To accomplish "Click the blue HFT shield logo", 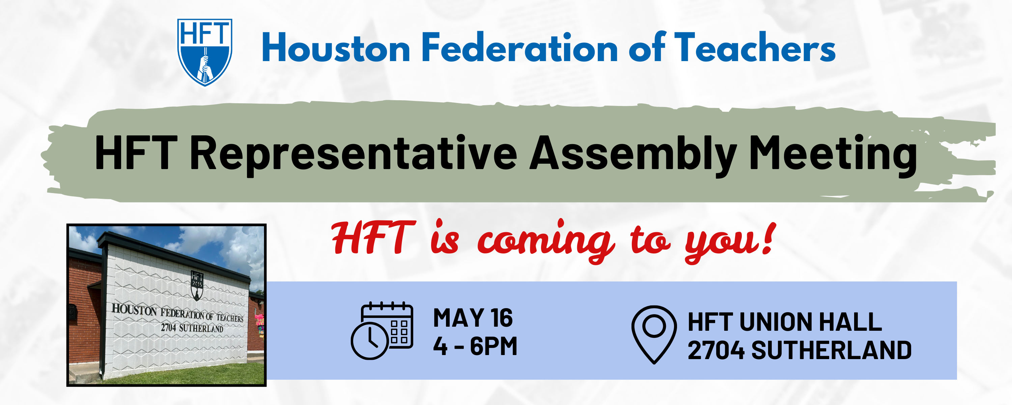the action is click(x=204, y=52).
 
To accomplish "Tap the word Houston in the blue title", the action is click(x=336, y=48).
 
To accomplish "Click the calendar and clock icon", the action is click(x=382, y=331).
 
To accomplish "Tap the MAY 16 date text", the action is click(x=473, y=318).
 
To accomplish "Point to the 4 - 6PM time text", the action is click(x=475, y=346).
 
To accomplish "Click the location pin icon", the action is click(x=654, y=334).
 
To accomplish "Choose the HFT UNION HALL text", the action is click(x=785, y=322).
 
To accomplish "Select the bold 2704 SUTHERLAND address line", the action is click(x=799, y=350).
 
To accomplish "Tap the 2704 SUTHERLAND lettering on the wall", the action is click(x=192, y=327).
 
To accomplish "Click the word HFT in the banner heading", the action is click(x=136, y=153).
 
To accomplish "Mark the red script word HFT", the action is click(x=373, y=238).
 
